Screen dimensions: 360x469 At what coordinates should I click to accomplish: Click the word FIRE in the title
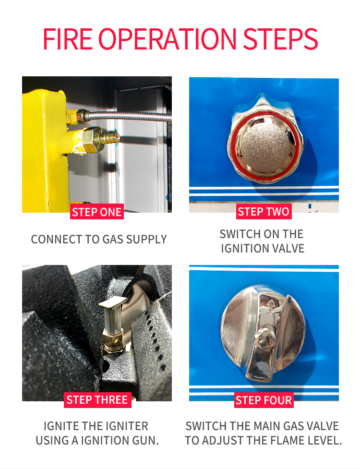[x=68, y=39]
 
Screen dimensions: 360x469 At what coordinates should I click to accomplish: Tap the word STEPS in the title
[x=280, y=39]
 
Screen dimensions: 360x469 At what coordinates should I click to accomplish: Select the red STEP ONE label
[x=96, y=212]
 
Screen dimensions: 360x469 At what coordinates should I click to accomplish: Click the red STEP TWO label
[x=264, y=212]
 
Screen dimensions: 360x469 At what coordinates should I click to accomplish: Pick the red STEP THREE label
[x=97, y=400]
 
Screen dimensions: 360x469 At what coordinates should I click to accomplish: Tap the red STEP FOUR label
[x=264, y=400]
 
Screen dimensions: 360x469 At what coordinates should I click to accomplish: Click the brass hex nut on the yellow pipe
[x=91, y=139]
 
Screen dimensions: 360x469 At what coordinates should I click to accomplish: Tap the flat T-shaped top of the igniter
[x=113, y=303]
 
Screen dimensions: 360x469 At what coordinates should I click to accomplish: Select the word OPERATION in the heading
[x=168, y=39]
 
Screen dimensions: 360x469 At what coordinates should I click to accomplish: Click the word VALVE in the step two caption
[x=289, y=249]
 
